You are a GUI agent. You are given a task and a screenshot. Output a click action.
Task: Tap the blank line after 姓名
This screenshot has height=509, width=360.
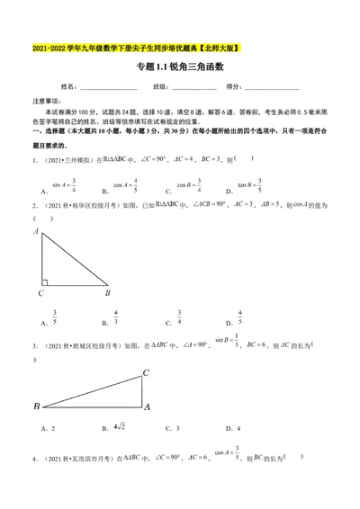tap(108, 88)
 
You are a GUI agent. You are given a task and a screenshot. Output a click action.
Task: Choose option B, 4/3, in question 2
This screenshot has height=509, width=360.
tap(115, 317)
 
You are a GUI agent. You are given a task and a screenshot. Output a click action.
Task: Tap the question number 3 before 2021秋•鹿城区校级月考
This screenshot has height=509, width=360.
tap(33, 344)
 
